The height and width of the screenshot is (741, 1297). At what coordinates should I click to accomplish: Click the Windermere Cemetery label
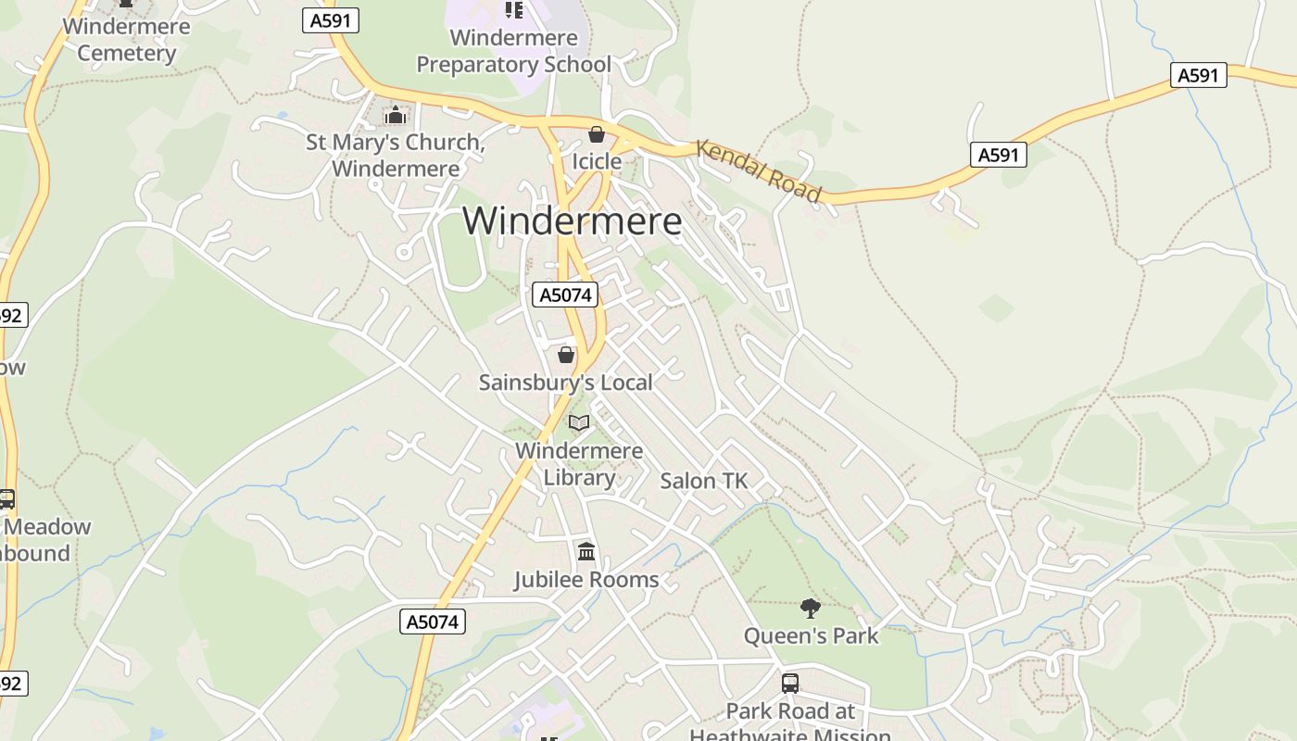[126, 40]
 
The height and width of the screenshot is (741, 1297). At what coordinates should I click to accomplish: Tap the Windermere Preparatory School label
[513, 51]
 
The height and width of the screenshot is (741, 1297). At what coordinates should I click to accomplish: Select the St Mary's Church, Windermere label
[396, 156]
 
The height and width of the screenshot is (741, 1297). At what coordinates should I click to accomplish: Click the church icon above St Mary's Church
[396, 116]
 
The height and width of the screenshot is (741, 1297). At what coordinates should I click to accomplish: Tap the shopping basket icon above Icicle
[597, 135]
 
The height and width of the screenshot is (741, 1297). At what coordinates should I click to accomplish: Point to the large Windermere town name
[572, 221]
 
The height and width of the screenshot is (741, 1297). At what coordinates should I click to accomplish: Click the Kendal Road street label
[758, 170]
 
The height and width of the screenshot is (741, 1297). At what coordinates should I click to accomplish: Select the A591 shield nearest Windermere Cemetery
[331, 20]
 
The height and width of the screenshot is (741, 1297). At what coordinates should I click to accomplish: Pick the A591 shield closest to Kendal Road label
[999, 155]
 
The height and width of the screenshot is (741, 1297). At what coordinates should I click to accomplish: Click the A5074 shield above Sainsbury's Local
[565, 295]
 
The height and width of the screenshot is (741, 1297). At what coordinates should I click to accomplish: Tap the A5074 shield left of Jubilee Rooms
[434, 622]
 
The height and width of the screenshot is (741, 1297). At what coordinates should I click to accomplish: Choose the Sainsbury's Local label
[565, 382]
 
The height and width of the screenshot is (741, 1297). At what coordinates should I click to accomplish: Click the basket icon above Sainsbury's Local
[566, 355]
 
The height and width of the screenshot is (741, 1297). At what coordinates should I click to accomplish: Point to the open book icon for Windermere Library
[579, 423]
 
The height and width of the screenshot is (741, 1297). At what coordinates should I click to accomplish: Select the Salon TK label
[703, 481]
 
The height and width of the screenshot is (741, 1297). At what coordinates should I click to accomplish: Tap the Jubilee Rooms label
[586, 580]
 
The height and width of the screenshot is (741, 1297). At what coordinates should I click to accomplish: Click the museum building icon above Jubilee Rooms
[586, 553]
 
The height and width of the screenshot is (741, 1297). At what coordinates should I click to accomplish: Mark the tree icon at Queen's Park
[811, 609]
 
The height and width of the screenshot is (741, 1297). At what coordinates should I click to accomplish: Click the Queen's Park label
[811, 636]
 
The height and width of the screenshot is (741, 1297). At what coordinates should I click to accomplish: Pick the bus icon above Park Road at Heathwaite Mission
[790, 684]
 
